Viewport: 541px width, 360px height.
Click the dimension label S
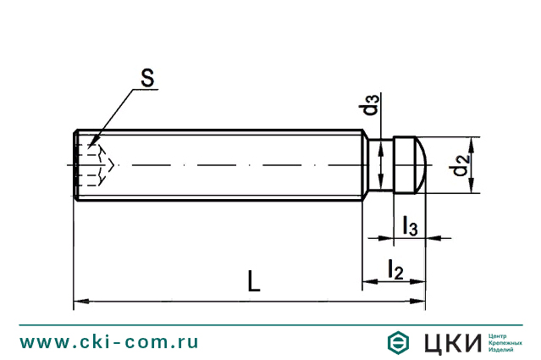[x=146, y=78]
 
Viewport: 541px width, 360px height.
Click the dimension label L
[x=253, y=280]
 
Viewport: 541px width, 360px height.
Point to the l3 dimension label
[x=410, y=225]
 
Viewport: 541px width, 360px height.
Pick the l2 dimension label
[x=395, y=269]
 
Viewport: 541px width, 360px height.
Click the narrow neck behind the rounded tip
[x=384, y=164]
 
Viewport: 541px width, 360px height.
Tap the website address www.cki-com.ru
[x=109, y=341]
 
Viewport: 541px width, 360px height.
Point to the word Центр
[x=501, y=335]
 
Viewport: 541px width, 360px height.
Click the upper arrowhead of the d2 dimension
[x=470, y=141]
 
